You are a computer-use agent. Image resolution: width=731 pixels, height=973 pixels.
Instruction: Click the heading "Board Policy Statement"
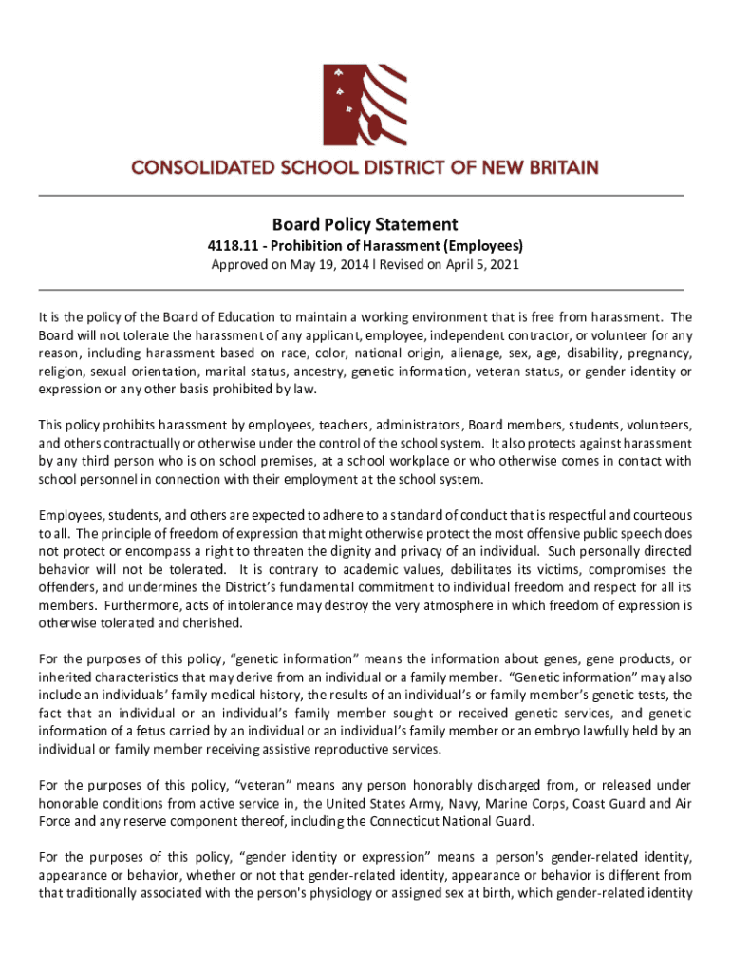tap(365, 225)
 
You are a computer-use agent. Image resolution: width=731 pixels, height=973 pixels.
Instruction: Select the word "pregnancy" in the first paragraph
tap(661, 353)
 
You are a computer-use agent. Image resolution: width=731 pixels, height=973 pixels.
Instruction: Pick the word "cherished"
tap(216, 623)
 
